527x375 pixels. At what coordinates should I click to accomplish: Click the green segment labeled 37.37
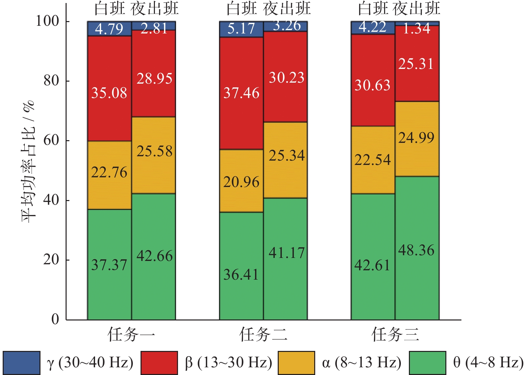[109, 264]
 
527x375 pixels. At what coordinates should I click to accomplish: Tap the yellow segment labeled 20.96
[241, 181]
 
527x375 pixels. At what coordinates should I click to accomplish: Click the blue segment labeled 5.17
[241, 29]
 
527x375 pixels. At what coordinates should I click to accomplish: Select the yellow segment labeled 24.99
[417, 139]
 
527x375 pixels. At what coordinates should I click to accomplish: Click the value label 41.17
[287, 253]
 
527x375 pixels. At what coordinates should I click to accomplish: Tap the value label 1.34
[417, 29]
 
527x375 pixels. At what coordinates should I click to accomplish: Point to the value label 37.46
[241, 93]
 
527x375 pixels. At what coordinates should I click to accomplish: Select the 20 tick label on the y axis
[51, 260]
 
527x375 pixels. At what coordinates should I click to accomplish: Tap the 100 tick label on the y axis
[47, 21]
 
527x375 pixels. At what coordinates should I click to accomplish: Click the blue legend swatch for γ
[22, 363]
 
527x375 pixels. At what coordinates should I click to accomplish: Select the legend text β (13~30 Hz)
[229, 363]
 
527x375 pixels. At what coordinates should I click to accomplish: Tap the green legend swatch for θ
[427, 363]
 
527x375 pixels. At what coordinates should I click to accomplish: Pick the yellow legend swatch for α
[296, 363]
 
